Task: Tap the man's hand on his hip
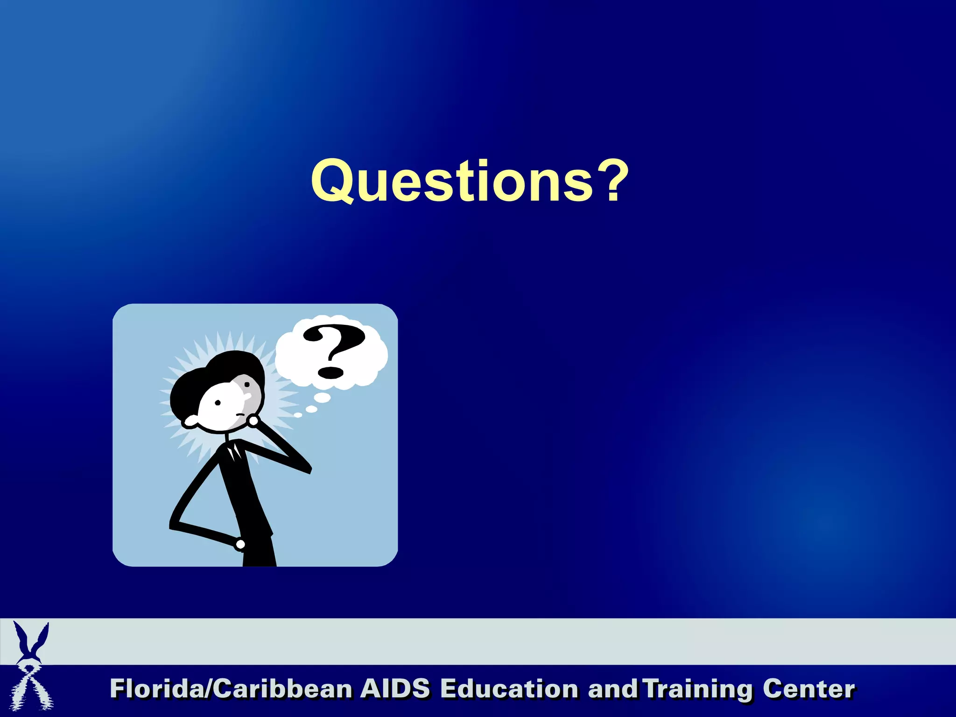tap(240, 544)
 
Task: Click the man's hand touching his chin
tap(253, 421)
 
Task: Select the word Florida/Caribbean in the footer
tap(231, 689)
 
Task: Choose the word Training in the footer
tap(697, 689)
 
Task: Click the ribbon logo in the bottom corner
tap(32, 668)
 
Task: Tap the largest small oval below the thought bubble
tap(323, 397)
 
